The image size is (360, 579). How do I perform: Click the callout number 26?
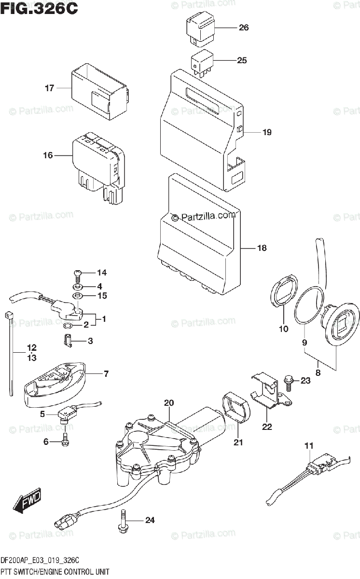click(x=243, y=28)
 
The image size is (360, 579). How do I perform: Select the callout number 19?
click(x=267, y=132)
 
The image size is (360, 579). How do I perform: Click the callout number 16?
click(x=47, y=155)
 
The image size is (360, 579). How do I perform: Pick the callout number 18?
click(x=261, y=248)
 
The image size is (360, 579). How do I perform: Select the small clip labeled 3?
click(x=69, y=341)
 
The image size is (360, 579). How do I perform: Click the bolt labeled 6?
click(x=66, y=439)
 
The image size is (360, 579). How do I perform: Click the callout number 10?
click(x=283, y=329)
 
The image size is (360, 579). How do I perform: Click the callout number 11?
click(x=309, y=446)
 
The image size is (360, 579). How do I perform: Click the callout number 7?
click(x=106, y=373)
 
